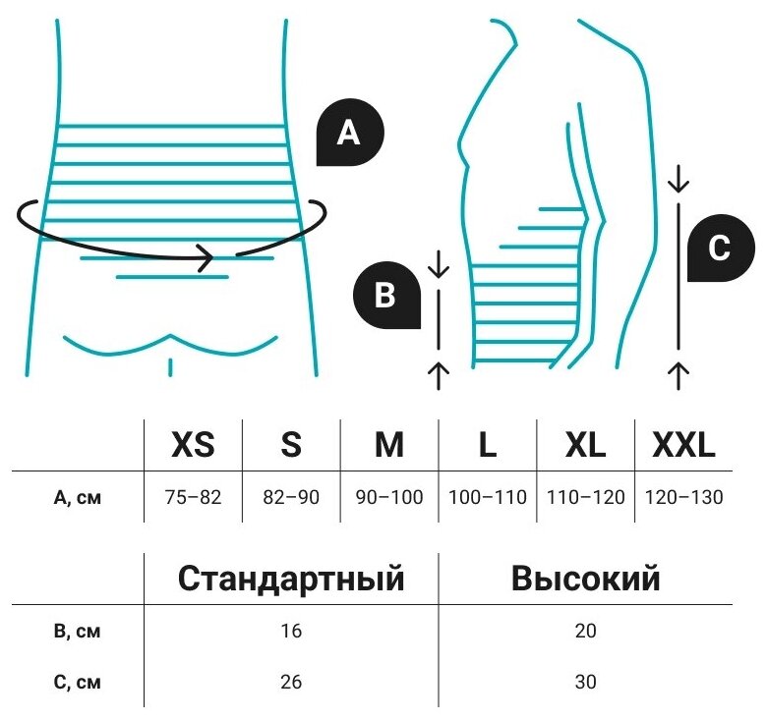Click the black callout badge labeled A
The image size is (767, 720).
(x=349, y=134)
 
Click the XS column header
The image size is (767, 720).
(x=193, y=445)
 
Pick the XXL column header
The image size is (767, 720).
(x=683, y=445)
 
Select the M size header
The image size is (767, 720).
(x=389, y=445)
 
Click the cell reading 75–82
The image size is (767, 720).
(x=193, y=497)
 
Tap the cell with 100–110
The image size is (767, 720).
(x=488, y=497)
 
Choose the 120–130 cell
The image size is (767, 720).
(x=683, y=497)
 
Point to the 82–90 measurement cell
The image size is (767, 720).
(x=291, y=497)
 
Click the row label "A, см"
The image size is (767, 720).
(x=77, y=497)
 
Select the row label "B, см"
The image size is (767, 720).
(x=77, y=631)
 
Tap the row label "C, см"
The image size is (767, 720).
(x=77, y=681)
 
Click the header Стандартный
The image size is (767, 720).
(x=291, y=579)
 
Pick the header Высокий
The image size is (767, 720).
(x=585, y=579)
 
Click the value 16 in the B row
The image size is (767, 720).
(x=291, y=631)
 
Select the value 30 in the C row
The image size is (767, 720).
(x=585, y=681)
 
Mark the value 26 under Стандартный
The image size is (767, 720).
(x=291, y=681)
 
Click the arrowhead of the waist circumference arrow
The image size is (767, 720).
(x=206, y=259)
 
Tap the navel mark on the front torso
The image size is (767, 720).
(x=171, y=367)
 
